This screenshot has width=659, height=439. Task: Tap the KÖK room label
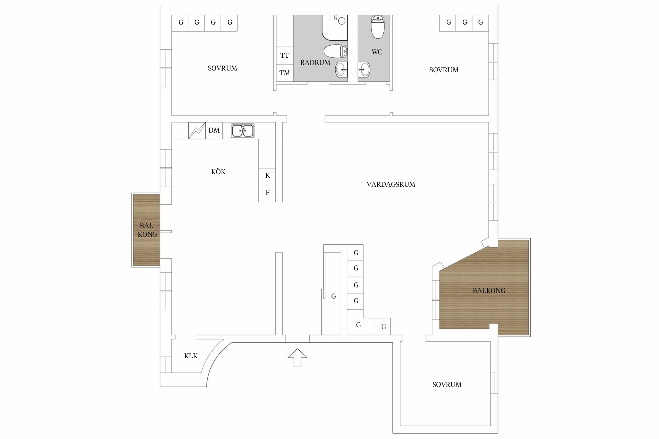click(218, 172)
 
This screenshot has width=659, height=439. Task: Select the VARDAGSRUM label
click(391, 184)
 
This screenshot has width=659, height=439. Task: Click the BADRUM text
click(315, 63)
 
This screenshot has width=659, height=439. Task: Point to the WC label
click(377, 52)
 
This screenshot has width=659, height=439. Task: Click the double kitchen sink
click(243, 131)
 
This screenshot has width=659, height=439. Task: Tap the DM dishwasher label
click(214, 130)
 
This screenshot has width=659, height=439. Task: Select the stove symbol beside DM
click(197, 131)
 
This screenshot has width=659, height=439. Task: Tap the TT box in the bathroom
click(285, 56)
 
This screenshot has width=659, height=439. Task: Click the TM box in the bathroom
click(285, 73)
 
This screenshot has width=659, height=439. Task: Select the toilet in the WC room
click(378, 27)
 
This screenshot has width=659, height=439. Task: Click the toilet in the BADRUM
click(336, 52)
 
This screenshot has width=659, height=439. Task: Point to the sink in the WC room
click(364, 70)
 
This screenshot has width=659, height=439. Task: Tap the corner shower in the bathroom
click(335, 28)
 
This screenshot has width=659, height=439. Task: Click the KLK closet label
click(191, 356)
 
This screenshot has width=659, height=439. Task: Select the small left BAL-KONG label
click(147, 230)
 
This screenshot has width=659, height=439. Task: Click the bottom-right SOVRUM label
click(447, 385)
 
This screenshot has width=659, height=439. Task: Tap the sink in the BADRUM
click(341, 70)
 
